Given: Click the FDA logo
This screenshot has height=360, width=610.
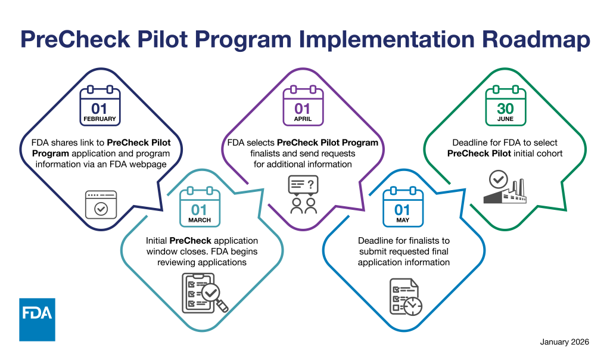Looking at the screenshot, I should pos(37,319).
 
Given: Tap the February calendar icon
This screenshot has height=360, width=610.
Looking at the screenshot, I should pos(100,107).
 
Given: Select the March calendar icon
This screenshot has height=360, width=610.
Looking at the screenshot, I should pos(200,206).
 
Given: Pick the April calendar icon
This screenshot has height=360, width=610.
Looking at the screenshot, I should pos(303,107).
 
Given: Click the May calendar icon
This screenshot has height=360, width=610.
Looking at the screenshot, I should pos(403,206).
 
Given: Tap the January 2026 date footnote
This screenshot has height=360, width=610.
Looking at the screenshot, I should pos(564,342).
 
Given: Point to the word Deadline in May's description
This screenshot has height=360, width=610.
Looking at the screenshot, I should pos(377,241).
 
